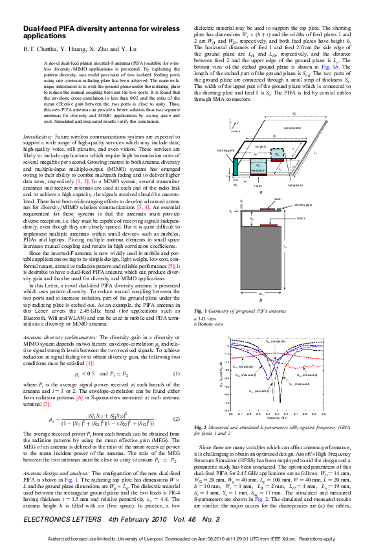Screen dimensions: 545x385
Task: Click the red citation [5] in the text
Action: tap(171, 284)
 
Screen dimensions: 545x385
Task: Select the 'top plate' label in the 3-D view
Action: tap(259, 146)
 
